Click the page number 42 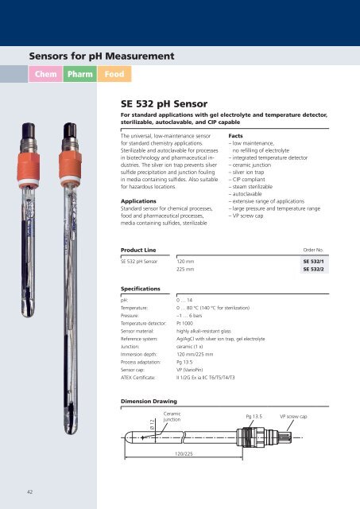click(27, 492)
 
